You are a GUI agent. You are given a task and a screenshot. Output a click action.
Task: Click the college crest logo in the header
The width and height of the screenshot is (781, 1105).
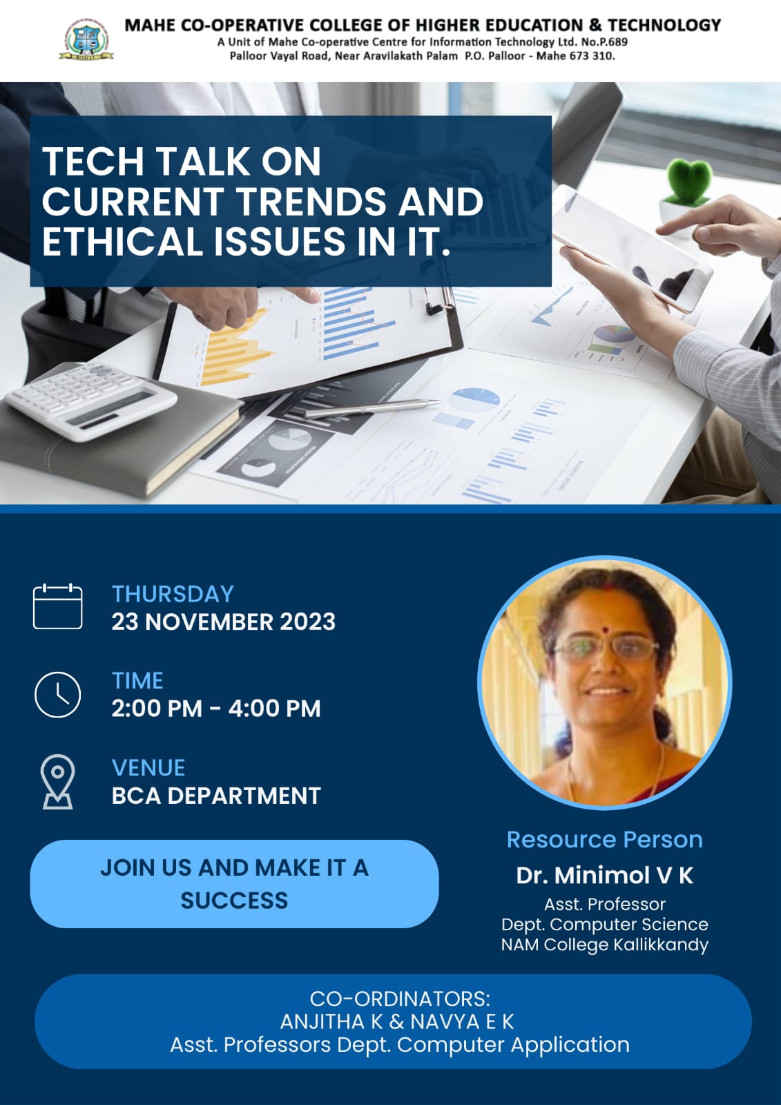point(86,39)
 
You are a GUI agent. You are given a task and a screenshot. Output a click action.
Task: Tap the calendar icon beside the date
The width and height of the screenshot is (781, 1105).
point(58,606)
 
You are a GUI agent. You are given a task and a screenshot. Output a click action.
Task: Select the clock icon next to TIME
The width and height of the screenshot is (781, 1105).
point(58,695)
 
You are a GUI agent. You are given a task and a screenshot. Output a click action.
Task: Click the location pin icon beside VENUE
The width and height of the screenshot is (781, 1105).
point(58,782)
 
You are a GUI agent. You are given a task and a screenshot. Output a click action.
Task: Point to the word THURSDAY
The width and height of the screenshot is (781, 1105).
point(173,594)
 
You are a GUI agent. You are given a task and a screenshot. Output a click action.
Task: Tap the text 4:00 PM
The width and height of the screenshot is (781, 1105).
point(274,709)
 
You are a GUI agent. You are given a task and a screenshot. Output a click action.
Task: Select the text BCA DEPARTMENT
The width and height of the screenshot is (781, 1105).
point(216,796)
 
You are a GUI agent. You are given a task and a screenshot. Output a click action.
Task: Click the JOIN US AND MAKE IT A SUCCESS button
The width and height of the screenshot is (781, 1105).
point(234,884)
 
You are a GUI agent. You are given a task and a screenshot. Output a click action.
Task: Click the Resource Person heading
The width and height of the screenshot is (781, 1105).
point(605,840)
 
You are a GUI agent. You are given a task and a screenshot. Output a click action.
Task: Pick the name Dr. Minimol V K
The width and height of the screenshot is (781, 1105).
point(605,876)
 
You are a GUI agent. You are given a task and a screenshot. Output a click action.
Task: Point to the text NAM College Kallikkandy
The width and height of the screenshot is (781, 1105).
point(605,945)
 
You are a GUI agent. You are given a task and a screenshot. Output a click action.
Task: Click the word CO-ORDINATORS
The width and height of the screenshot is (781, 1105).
point(400,999)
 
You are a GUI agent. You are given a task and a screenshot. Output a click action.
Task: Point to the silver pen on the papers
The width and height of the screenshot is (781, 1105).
point(372,408)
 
